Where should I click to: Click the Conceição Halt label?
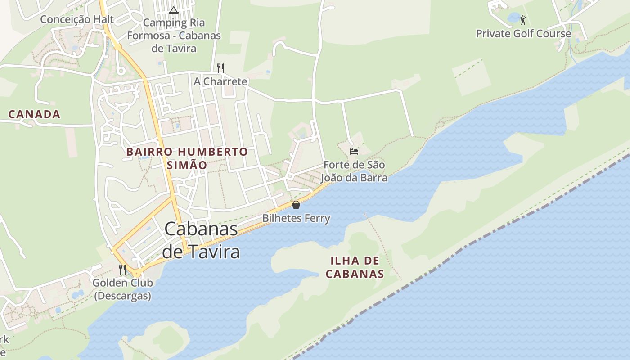[x=77, y=19]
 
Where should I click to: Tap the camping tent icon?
[x=174, y=10]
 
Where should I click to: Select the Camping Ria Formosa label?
[x=174, y=36]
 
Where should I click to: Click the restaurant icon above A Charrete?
[x=220, y=68]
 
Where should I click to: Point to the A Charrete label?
[x=220, y=81]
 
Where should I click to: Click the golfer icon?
[x=522, y=20]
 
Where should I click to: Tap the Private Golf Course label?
[x=523, y=34]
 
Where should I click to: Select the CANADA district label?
[x=34, y=114]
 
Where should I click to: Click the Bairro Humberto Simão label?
[x=187, y=158]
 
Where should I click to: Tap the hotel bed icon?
[x=354, y=151]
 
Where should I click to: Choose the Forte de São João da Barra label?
[x=354, y=171]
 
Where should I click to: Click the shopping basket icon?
[x=296, y=205]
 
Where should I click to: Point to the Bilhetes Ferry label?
[x=296, y=219]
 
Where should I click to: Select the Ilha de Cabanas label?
[x=355, y=267]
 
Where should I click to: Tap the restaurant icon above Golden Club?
[x=122, y=270]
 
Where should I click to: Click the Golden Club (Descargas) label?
[x=122, y=289]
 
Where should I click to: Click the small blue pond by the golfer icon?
[x=513, y=18]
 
